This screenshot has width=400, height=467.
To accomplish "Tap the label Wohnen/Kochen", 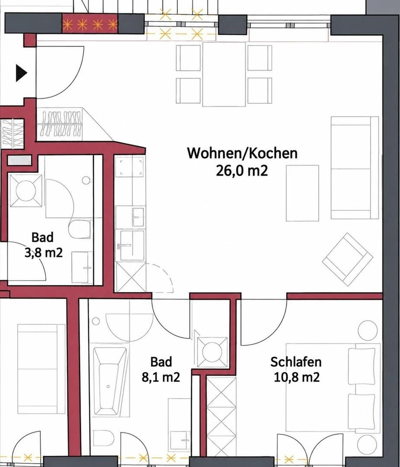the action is pyautogui.click(x=242, y=153).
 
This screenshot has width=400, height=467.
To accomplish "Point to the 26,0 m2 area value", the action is pyautogui.click(x=242, y=171).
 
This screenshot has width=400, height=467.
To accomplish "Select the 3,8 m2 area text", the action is pyautogui.click(x=44, y=253).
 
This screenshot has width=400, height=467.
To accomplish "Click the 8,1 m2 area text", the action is pyautogui.click(x=161, y=377).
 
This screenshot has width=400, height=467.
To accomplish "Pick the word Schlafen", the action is pyautogui.click(x=296, y=362).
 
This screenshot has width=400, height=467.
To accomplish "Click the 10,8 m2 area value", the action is pyautogui.click(x=296, y=377).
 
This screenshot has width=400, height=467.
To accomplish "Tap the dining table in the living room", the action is pyautogui.click(x=224, y=74).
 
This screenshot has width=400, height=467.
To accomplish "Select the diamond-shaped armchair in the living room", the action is pyautogui.click(x=347, y=259).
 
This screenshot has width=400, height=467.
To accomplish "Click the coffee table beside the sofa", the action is pyautogui.click(x=302, y=193).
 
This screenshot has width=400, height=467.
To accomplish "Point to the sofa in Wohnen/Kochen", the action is pyautogui.click(x=355, y=168).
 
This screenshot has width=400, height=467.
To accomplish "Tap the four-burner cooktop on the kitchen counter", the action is pyautogui.click(x=130, y=166).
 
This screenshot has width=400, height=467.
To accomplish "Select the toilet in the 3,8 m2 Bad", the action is pyautogui.click(x=80, y=229).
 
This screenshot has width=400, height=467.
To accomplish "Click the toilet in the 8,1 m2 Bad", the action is pyautogui.click(x=103, y=438).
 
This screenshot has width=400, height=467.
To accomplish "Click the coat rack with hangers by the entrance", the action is pyautogui.click(x=61, y=124).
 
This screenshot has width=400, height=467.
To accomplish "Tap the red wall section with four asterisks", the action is pyautogui.click(x=90, y=24).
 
